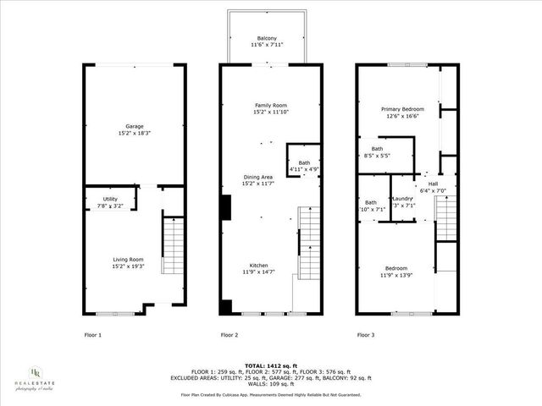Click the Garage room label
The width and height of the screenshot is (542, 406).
(x=133, y=127)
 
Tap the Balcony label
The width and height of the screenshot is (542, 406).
(x=267, y=39)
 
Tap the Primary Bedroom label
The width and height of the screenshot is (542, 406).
(x=402, y=109)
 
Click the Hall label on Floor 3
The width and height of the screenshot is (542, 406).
(x=433, y=184)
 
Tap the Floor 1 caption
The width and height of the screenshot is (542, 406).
(x=92, y=335)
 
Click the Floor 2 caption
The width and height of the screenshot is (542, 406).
(x=229, y=335)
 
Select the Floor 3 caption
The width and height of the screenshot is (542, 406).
(x=364, y=335)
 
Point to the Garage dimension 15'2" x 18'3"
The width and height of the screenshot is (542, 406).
(x=133, y=133)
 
